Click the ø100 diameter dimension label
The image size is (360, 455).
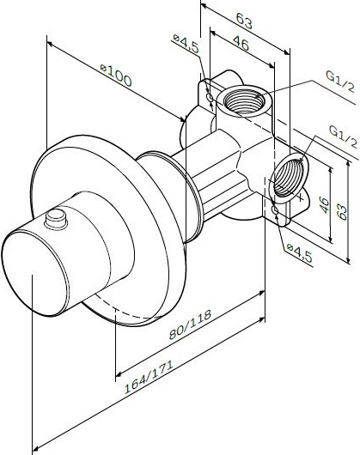[116, 75]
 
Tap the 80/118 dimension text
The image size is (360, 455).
[190, 325]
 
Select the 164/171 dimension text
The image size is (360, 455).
[149, 377]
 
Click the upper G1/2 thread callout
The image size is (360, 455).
[340, 82]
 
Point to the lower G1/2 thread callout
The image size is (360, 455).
[343, 136]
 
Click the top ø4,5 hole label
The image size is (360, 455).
[186, 43]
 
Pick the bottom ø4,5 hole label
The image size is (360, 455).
[299, 252]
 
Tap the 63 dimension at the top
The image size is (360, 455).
[244, 21]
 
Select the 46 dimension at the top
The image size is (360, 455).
[241, 44]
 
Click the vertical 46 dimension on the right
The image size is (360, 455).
[325, 205]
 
